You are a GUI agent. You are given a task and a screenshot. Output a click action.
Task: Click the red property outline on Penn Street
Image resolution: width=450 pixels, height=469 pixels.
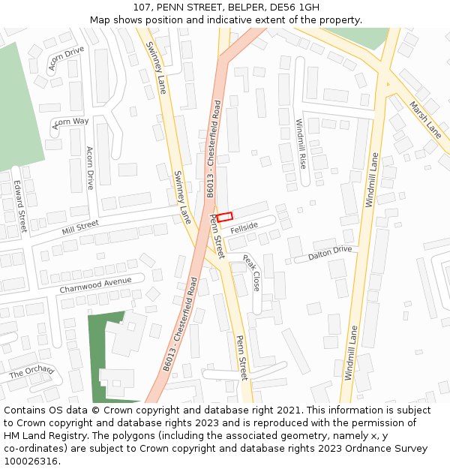pos(225,217)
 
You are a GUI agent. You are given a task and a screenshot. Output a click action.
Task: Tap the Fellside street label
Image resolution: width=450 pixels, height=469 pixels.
pos(244,227)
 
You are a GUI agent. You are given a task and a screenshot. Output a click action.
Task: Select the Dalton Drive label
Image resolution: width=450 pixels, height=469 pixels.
pos(329,254)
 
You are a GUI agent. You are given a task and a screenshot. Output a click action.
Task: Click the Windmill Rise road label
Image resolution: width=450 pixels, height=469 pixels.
pos(301,143)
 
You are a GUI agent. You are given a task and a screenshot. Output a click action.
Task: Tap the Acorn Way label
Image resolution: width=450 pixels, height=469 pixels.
pos(70,122)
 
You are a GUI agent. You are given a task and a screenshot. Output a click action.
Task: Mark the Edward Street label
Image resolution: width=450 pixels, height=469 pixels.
pos(20,206)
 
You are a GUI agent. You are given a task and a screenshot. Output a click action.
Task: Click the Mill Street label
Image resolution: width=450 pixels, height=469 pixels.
pos(80,225)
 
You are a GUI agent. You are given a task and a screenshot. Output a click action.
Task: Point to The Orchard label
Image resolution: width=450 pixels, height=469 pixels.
pos(31,371)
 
